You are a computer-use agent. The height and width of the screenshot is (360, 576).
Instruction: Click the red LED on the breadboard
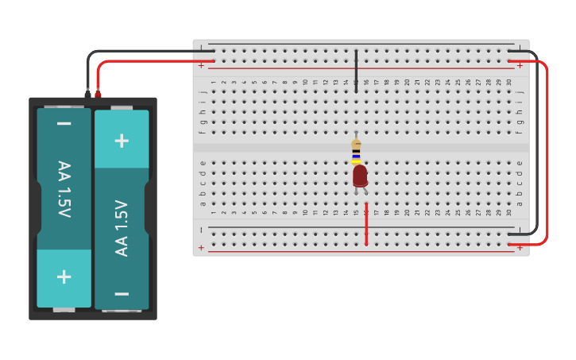click(360, 176)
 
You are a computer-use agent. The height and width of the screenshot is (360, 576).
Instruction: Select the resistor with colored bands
click(356, 151)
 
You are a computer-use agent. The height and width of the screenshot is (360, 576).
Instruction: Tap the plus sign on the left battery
click(64, 277)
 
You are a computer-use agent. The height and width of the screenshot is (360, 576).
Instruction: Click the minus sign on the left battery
click(64, 124)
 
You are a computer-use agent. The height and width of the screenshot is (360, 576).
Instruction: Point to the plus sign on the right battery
click(122, 141)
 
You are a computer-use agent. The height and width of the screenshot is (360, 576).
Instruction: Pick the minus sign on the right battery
click(122, 293)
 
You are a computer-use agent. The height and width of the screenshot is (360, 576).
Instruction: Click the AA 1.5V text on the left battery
click(64, 189)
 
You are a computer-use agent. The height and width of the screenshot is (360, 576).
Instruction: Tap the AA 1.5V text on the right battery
click(122, 228)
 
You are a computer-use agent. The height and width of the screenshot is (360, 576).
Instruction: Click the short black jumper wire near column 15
click(356, 71)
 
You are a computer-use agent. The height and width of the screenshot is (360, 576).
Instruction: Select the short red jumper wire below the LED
click(366, 225)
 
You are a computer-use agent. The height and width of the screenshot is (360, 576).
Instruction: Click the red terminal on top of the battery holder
click(98, 95)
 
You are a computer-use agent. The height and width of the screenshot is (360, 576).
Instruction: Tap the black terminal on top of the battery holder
click(87, 95)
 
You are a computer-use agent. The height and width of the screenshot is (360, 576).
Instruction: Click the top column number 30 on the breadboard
click(508, 82)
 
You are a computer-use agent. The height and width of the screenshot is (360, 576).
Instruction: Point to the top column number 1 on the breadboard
click(214, 82)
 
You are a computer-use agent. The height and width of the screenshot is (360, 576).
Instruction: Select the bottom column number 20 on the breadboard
click(407, 213)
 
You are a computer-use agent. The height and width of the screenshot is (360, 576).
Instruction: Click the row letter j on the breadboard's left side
click(203, 92)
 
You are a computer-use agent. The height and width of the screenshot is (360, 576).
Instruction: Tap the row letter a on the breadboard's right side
click(520, 203)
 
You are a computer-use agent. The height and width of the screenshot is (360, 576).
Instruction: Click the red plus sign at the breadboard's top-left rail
click(201, 65)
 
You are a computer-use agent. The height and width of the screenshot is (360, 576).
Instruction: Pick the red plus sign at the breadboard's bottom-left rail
click(201, 247)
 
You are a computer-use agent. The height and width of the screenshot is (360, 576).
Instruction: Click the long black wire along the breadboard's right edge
click(537, 143)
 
